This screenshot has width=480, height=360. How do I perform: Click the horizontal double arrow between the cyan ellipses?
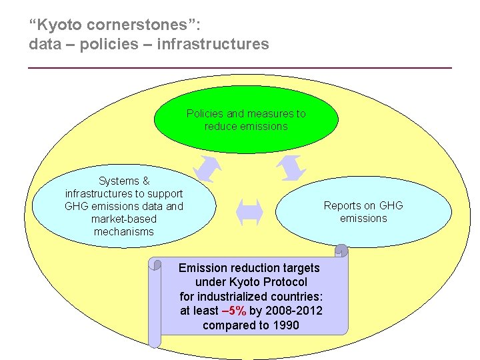[x=250, y=212]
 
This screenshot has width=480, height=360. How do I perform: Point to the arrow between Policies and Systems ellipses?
[x=207, y=169]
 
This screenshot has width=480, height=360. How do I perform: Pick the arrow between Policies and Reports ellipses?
[x=291, y=167]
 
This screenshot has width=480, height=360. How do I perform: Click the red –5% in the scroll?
[x=234, y=310]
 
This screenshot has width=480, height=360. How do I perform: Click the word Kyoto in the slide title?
[x=59, y=25]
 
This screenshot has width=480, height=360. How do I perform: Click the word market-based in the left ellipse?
[x=123, y=219]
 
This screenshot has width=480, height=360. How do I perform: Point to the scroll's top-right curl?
[x=341, y=251]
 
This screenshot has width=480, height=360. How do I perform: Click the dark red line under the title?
[x=240, y=67]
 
